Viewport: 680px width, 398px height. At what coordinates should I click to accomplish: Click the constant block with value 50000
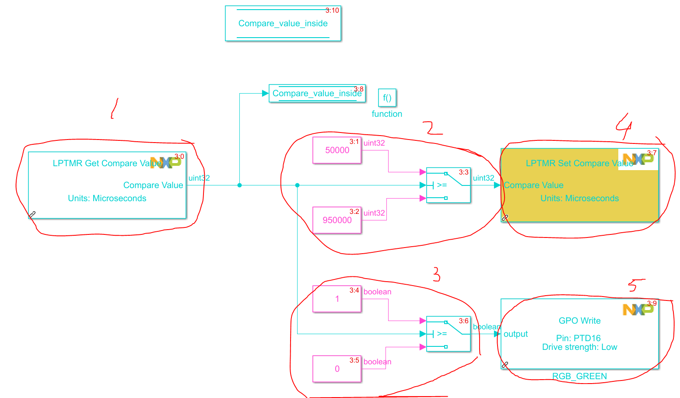click(337, 150)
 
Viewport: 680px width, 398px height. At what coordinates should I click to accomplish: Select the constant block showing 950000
click(337, 220)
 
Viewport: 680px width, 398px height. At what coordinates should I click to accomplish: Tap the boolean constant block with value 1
click(337, 299)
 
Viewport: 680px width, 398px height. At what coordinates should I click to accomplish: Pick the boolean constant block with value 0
click(337, 369)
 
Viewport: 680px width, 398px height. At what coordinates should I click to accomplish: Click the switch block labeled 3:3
click(448, 185)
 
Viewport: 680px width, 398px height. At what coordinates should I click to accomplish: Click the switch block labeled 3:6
click(448, 334)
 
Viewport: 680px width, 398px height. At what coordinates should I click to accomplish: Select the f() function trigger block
click(387, 98)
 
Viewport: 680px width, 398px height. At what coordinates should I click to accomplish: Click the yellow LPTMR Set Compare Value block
click(579, 192)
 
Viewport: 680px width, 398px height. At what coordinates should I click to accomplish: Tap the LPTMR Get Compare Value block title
click(107, 163)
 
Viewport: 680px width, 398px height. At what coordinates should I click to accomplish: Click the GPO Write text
click(579, 321)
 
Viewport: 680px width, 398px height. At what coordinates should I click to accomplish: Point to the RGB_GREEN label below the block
click(579, 376)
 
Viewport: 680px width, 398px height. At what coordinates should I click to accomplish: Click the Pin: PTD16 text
click(578, 338)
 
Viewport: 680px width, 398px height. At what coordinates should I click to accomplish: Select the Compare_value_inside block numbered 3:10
click(283, 23)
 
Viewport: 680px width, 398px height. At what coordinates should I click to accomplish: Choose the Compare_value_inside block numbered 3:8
click(317, 93)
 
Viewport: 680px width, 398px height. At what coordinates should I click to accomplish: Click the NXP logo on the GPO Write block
click(638, 309)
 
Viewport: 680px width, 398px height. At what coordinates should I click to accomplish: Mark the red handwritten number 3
click(436, 275)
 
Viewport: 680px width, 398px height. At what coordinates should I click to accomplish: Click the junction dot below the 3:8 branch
click(239, 185)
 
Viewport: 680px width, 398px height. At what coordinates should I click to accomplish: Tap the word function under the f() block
click(387, 114)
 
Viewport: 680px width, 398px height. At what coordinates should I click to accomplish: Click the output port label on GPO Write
click(515, 334)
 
